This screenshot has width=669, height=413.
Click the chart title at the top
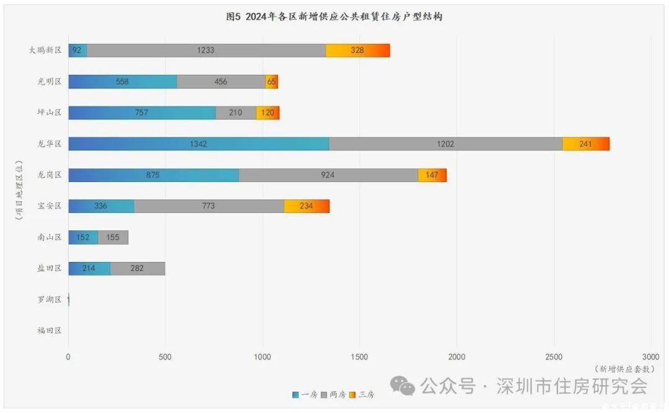[334, 17]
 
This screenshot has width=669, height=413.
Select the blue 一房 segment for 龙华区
[198, 144]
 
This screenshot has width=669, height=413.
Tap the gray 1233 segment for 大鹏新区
[206, 50]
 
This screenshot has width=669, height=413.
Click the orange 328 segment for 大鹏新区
[357, 50]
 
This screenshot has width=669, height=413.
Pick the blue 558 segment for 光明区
[122, 82]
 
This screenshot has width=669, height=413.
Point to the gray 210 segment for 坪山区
[235, 113]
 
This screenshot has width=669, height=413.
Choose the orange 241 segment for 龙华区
[585, 144]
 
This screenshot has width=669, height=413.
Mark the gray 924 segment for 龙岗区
[328, 175]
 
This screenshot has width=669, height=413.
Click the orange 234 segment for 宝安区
[306, 206]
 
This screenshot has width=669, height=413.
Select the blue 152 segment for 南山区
[83, 237]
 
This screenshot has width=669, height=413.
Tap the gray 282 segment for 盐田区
[138, 268]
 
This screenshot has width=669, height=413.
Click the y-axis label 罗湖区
[50, 300]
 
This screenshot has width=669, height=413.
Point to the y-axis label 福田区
[50, 331]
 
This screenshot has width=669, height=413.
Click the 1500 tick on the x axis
[359, 357]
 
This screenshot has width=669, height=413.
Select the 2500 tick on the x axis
[554, 357]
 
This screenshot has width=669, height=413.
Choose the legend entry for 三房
[362, 394]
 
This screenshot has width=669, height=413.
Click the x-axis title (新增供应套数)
[624, 368]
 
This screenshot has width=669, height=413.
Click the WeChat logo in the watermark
[406, 387]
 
